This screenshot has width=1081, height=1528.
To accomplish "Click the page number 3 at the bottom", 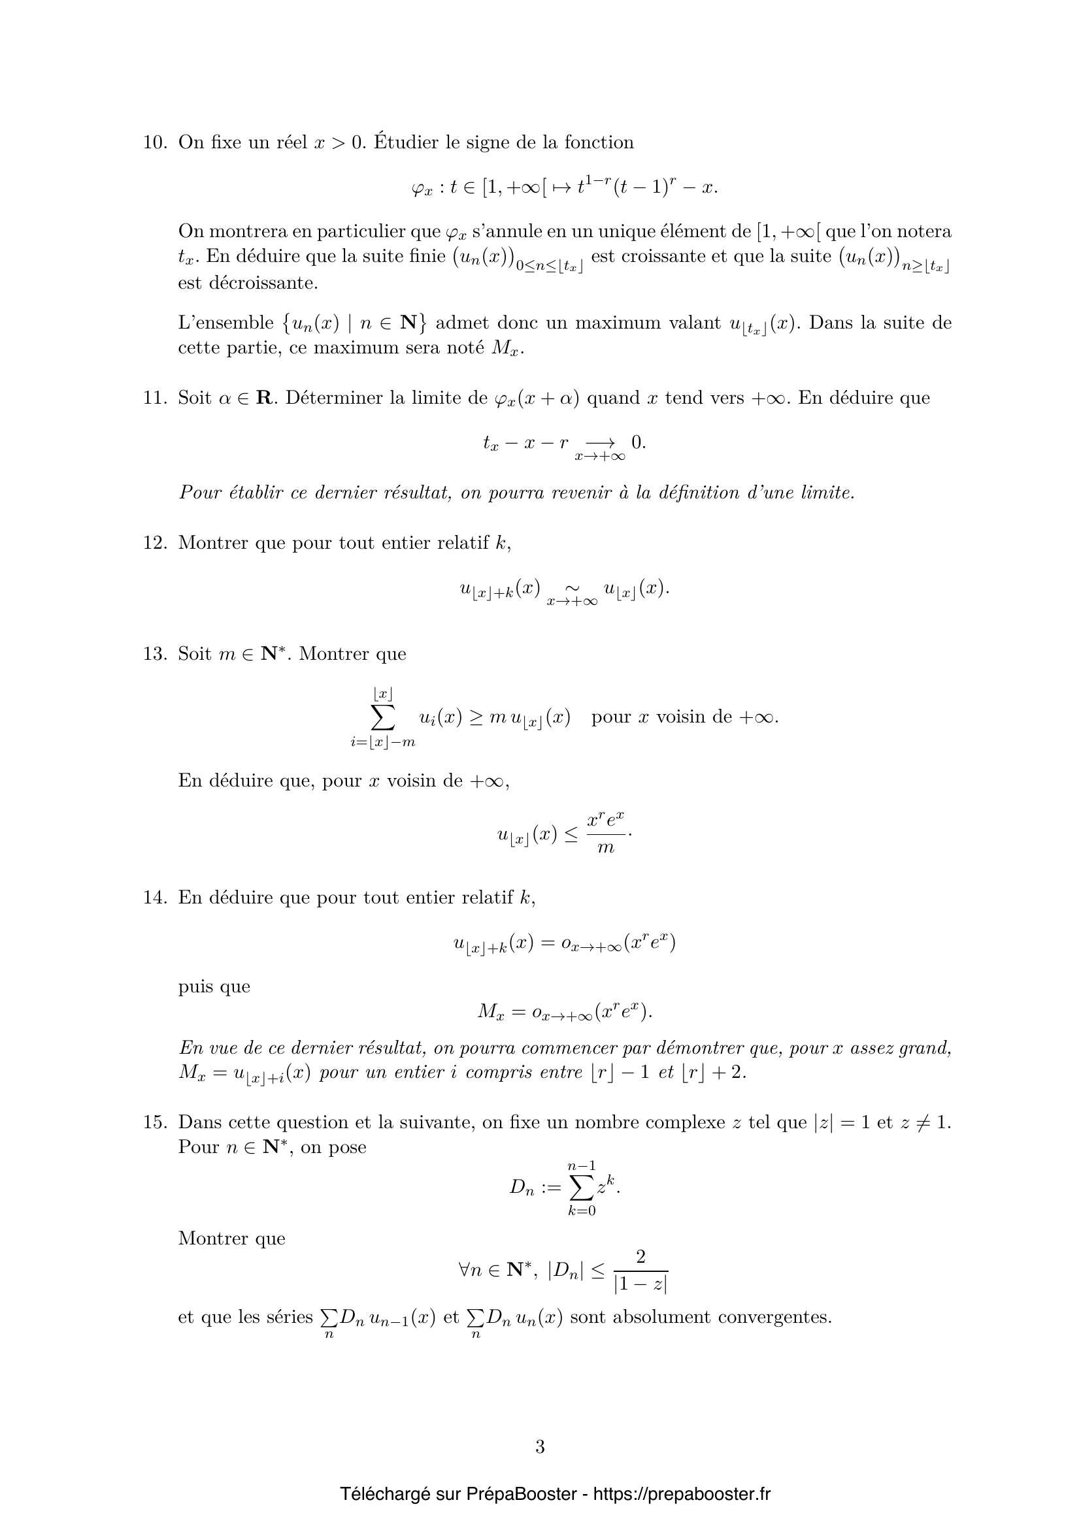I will [x=540, y=1446].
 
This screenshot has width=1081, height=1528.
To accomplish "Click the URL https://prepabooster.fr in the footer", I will [x=682, y=1494].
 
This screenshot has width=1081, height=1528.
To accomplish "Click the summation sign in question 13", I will [x=383, y=717].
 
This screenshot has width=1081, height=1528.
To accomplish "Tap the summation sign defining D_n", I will [x=581, y=1187].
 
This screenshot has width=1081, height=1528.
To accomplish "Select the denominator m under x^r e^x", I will [x=606, y=848].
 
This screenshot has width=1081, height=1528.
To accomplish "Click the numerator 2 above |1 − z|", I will [x=640, y=1256].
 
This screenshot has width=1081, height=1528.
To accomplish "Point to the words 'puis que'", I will [x=214, y=986].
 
